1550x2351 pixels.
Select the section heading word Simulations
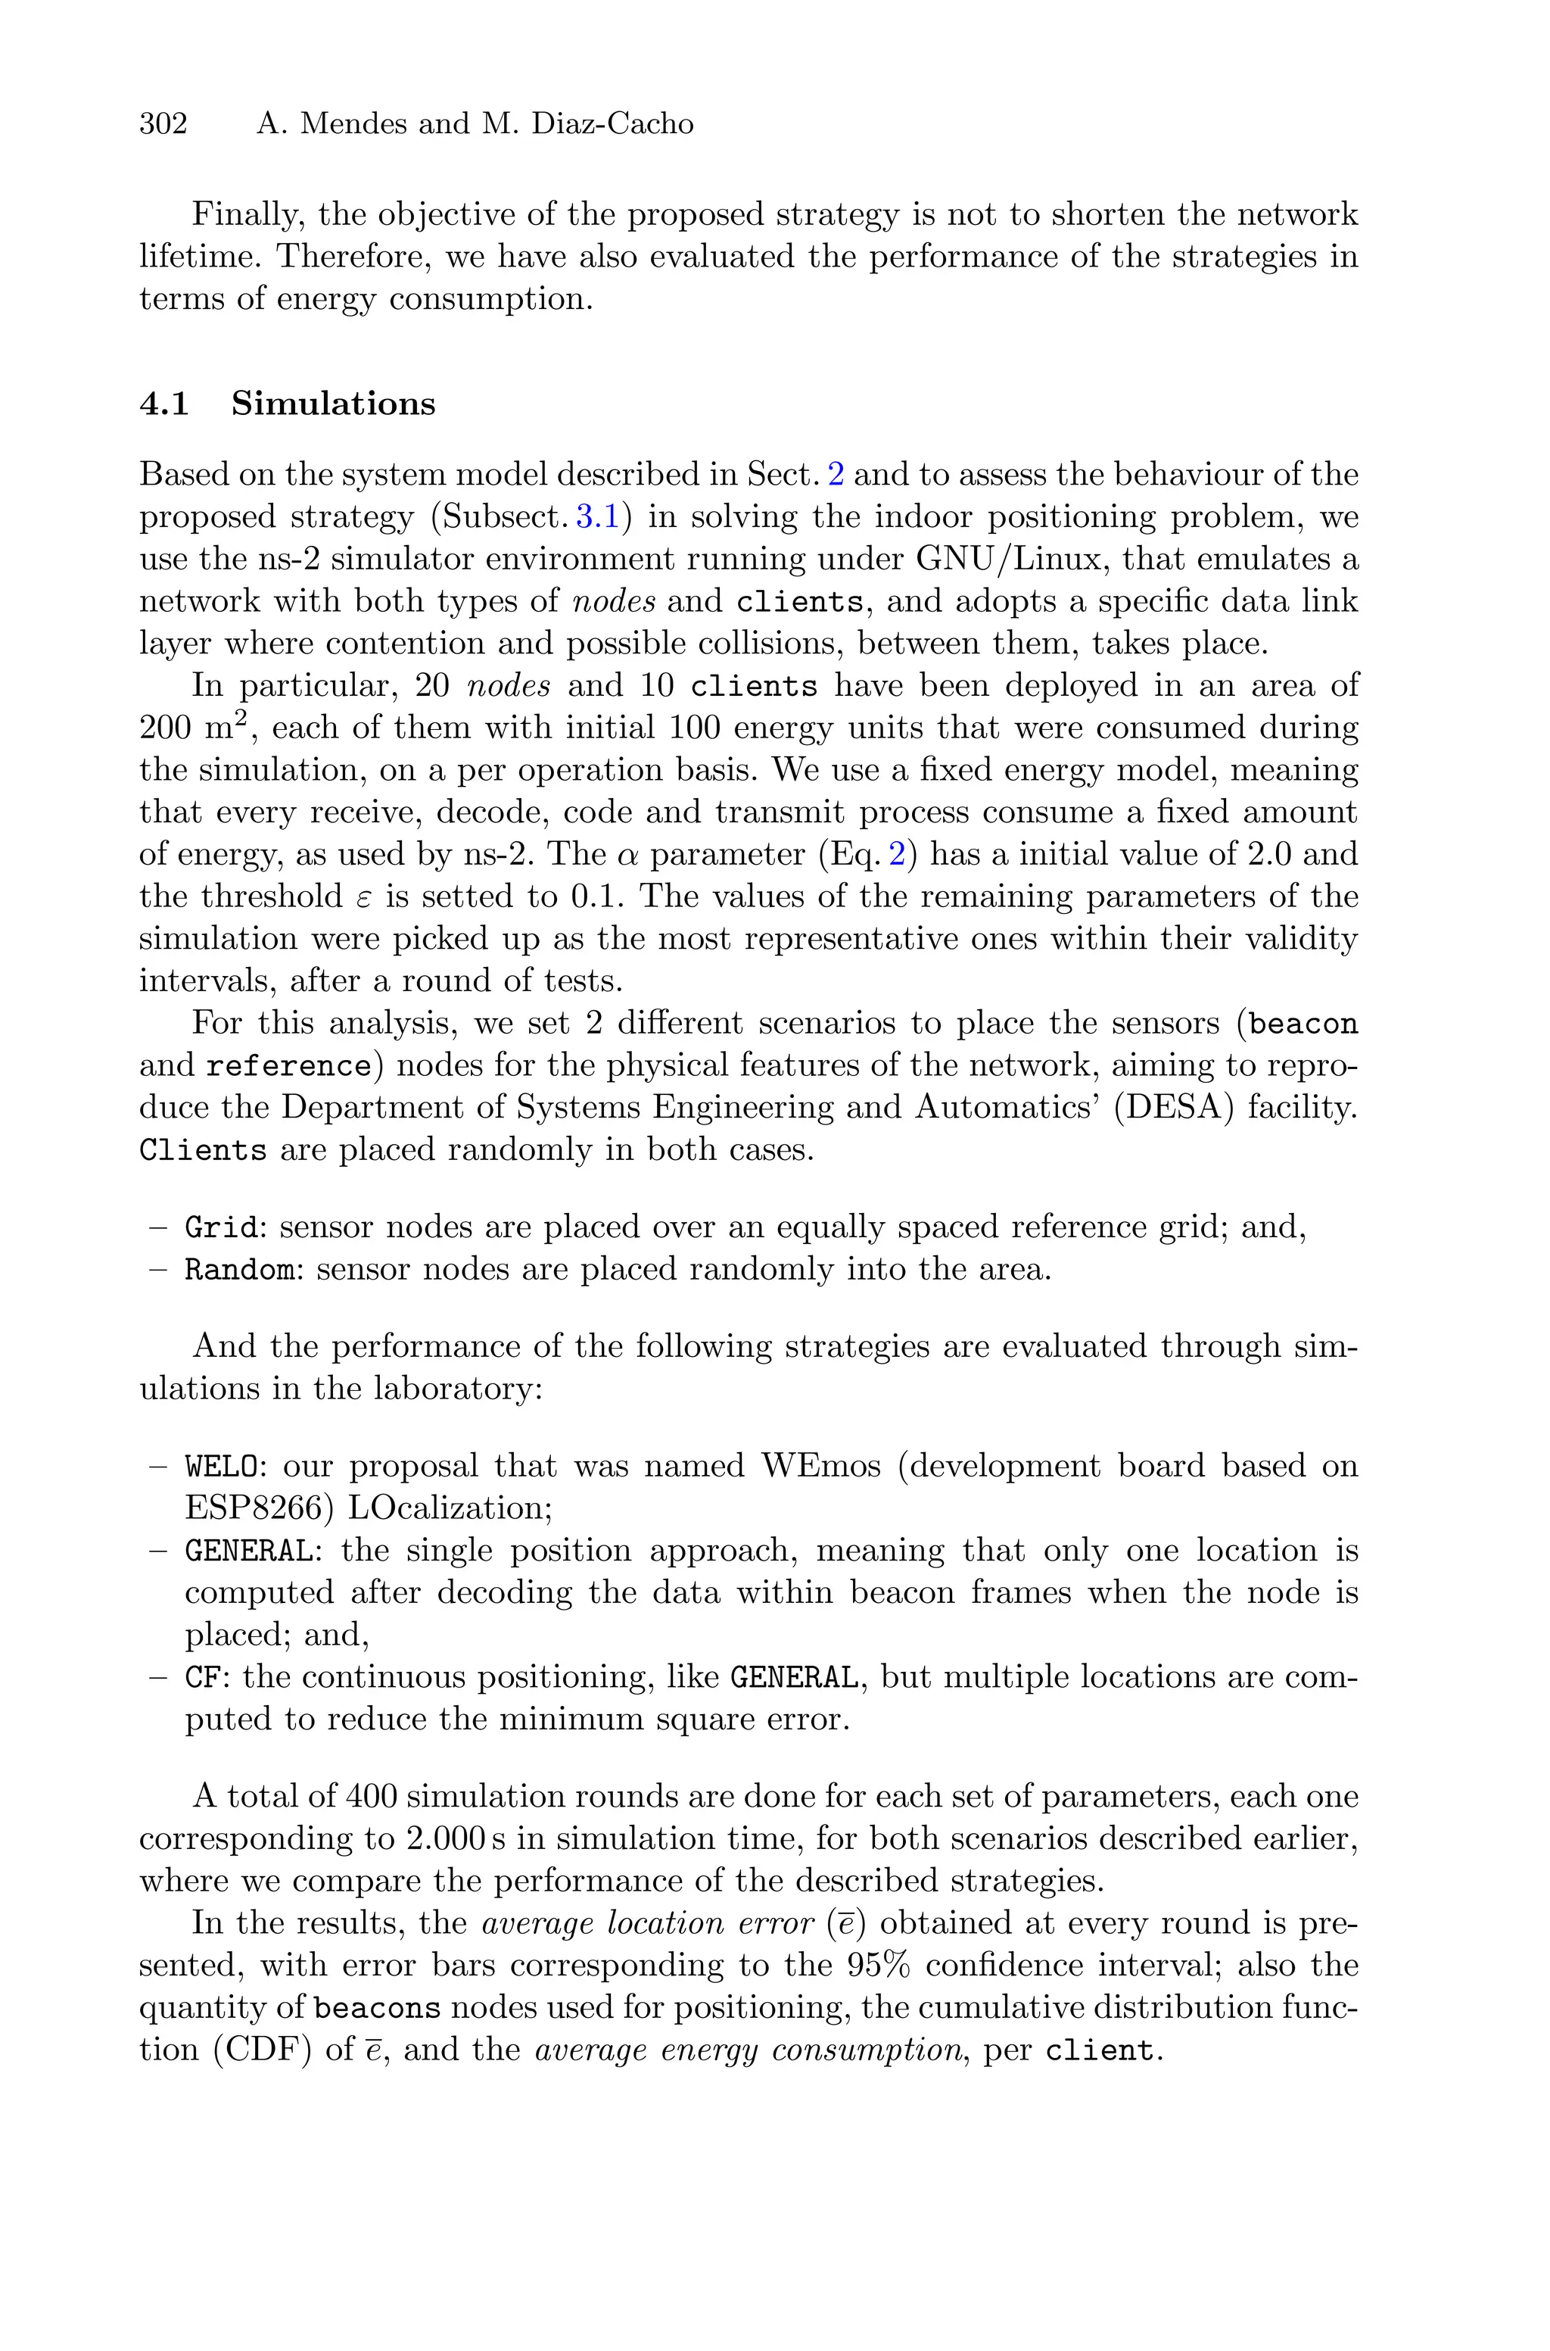click(333, 404)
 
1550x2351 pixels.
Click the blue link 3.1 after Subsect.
click(597, 517)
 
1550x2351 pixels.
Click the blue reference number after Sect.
click(836, 475)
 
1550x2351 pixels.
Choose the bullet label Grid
click(223, 1227)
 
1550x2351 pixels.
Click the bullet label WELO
click(223, 1465)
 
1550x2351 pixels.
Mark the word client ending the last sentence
click(1097, 2050)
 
